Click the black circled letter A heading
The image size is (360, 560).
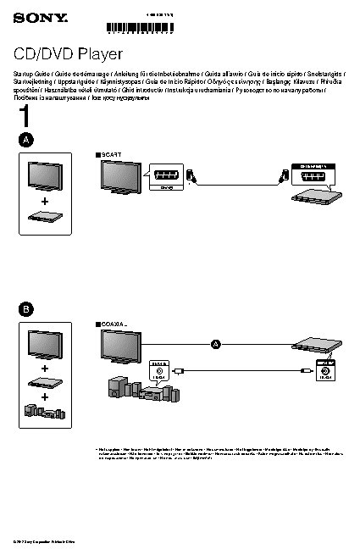[27, 139]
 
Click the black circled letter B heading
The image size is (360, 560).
[27, 309]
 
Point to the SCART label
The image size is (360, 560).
[111, 154]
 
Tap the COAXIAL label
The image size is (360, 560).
[113, 324]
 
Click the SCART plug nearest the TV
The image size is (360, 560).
[193, 177]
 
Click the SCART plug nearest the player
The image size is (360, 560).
[283, 177]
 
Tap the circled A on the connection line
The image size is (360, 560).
[215, 343]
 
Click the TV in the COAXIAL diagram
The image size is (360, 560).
[121, 347]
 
